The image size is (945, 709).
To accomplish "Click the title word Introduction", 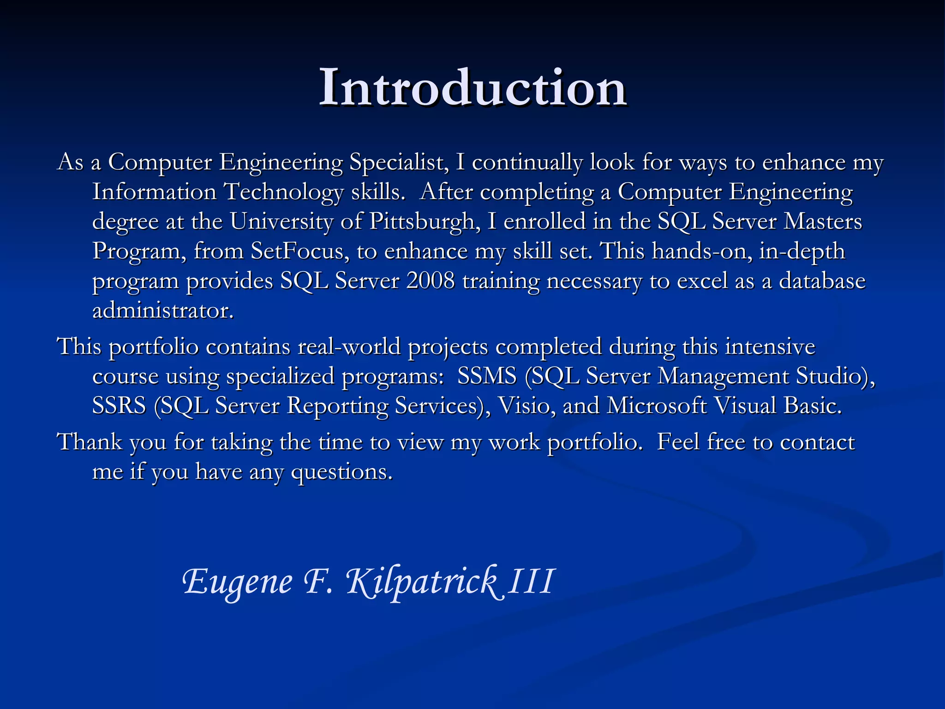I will [x=472, y=88].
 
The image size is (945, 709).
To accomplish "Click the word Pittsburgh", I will [x=422, y=222].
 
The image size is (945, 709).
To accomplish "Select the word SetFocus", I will [x=297, y=251].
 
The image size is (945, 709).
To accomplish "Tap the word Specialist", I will [x=398, y=162].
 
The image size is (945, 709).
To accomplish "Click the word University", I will [x=281, y=222].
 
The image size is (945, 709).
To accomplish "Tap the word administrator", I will [x=163, y=310].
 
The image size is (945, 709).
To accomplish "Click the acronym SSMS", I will [x=486, y=376].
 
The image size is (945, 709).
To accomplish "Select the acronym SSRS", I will [x=119, y=406].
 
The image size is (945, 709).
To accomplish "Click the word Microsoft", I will [x=656, y=406].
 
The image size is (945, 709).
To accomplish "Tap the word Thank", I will [x=90, y=442].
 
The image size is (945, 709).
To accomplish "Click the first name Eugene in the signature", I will [x=238, y=582].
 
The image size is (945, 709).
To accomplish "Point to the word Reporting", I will [x=337, y=406].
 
